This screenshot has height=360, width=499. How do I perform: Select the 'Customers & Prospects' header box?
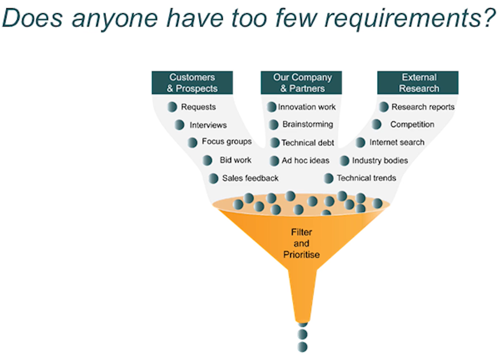[x=192, y=83]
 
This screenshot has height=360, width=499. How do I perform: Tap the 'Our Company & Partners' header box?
[x=301, y=83]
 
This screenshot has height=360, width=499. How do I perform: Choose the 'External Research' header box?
[x=418, y=83]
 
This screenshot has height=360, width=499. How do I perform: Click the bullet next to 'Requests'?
[x=172, y=107]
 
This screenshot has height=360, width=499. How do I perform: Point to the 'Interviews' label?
[x=208, y=125]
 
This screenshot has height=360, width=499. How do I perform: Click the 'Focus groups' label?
[x=227, y=142]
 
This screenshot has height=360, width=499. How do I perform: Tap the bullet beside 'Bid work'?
[x=207, y=160]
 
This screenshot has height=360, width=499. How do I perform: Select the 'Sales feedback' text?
[x=250, y=178]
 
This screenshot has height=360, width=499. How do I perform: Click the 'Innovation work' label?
[x=307, y=107]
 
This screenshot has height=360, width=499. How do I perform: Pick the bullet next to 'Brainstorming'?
[x=273, y=124]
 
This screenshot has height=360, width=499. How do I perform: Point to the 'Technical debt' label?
[x=308, y=143]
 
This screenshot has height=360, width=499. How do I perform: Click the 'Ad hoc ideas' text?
[x=305, y=160]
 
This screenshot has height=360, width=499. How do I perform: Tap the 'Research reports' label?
[x=423, y=107]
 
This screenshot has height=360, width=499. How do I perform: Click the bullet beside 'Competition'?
[x=377, y=124]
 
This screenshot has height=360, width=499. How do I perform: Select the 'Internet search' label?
[x=397, y=142]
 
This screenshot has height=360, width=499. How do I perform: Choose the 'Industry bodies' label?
[x=380, y=160]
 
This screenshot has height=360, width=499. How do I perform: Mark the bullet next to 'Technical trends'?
[x=328, y=178]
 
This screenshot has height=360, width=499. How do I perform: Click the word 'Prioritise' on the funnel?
[x=301, y=255]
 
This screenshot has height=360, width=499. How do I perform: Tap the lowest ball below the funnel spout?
[x=302, y=347]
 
